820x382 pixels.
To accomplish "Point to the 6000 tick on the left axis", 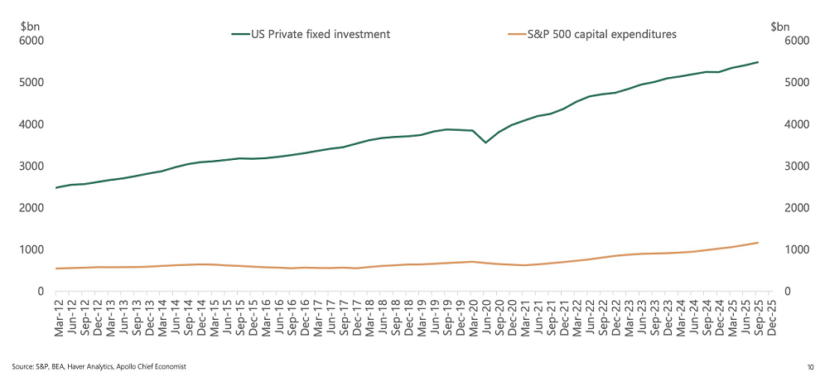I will pyautogui.click(x=31, y=41).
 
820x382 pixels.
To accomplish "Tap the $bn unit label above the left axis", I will pyautogui.click(x=28, y=26).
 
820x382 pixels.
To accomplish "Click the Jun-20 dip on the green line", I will pyautogui.click(x=485, y=143).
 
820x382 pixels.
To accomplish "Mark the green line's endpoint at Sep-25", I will pyautogui.click(x=758, y=62).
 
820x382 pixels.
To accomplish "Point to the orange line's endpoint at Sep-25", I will pyautogui.click(x=758, y=243).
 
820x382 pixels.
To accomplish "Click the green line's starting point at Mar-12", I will pyautogui.click(x=56, y=188).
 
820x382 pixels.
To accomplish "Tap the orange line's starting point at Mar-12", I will pyautogui.click(x=56, y=268).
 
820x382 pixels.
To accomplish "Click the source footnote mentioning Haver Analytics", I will pyautogui.click(x=99, y=366).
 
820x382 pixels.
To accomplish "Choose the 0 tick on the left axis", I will pyautogui.click(x=40, y=292).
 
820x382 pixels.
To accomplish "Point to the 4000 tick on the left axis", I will pyautogui.click(x=31, y=124).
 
